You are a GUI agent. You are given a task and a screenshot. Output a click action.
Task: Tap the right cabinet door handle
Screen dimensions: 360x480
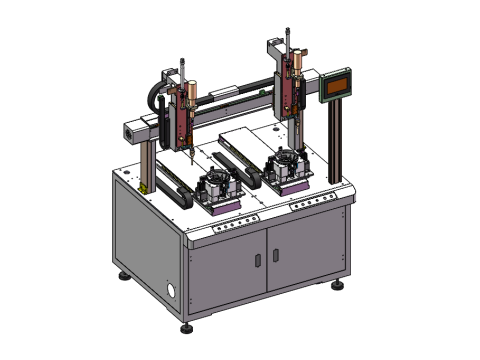pyautogui.click(x=275, y=255)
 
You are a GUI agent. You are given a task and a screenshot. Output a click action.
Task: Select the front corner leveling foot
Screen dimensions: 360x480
pyautogui.click(x=186, y=328)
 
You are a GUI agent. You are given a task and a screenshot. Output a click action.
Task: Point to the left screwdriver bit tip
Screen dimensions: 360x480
pyautogui.click(x=187, y=157)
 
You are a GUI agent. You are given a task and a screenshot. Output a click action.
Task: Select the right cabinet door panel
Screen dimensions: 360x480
pyautogui.click(x=305, y=248)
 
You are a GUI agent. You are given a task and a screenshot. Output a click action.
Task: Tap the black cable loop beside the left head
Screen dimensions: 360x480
pyautogui.click(x=156, y=98)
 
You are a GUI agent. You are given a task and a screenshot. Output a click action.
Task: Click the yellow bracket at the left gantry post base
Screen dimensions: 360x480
pyautogui.click(x=147, y=186)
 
